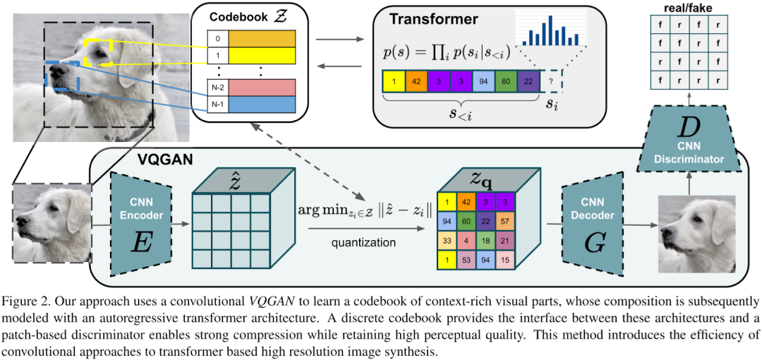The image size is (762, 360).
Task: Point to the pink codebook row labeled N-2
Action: (256, 88)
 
